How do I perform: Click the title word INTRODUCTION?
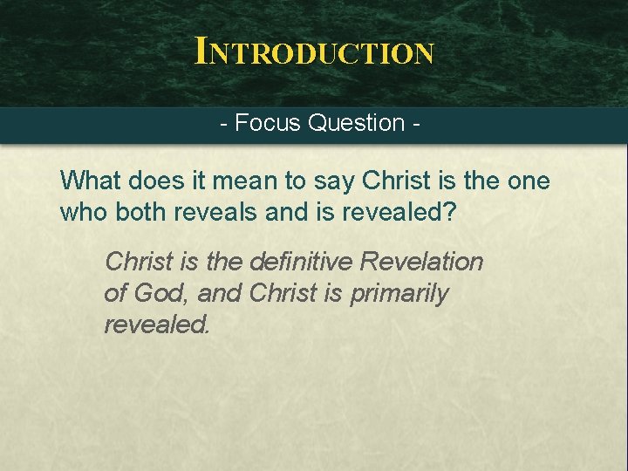(314, 51)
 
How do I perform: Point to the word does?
(150, 181)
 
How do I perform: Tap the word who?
(83, 212)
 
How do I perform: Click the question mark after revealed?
(448, 212)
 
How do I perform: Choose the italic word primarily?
(399, 293)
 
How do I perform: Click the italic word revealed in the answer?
(157, 324)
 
